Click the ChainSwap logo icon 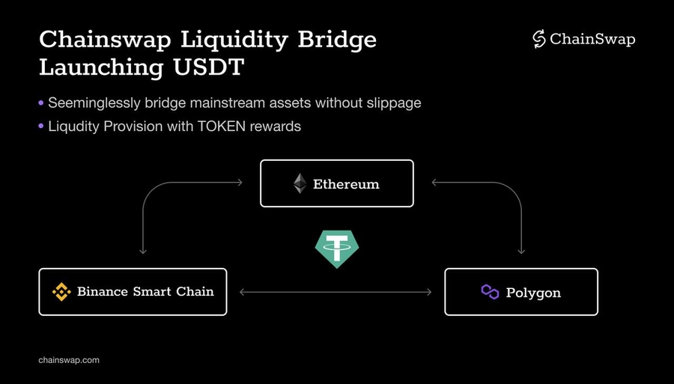tap(538, 40)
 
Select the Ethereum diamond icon tap(300, 183)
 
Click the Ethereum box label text tap(346, 184)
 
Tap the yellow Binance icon tap(61, 292)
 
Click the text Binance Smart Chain tap(145, 292)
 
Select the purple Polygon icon tap(490, 292)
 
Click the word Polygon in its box tap(533, 293)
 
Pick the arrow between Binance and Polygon tap(336, 292)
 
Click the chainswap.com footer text tap(69, 360)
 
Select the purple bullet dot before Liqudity tap(41, 126)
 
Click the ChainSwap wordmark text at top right tap(592, 40)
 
